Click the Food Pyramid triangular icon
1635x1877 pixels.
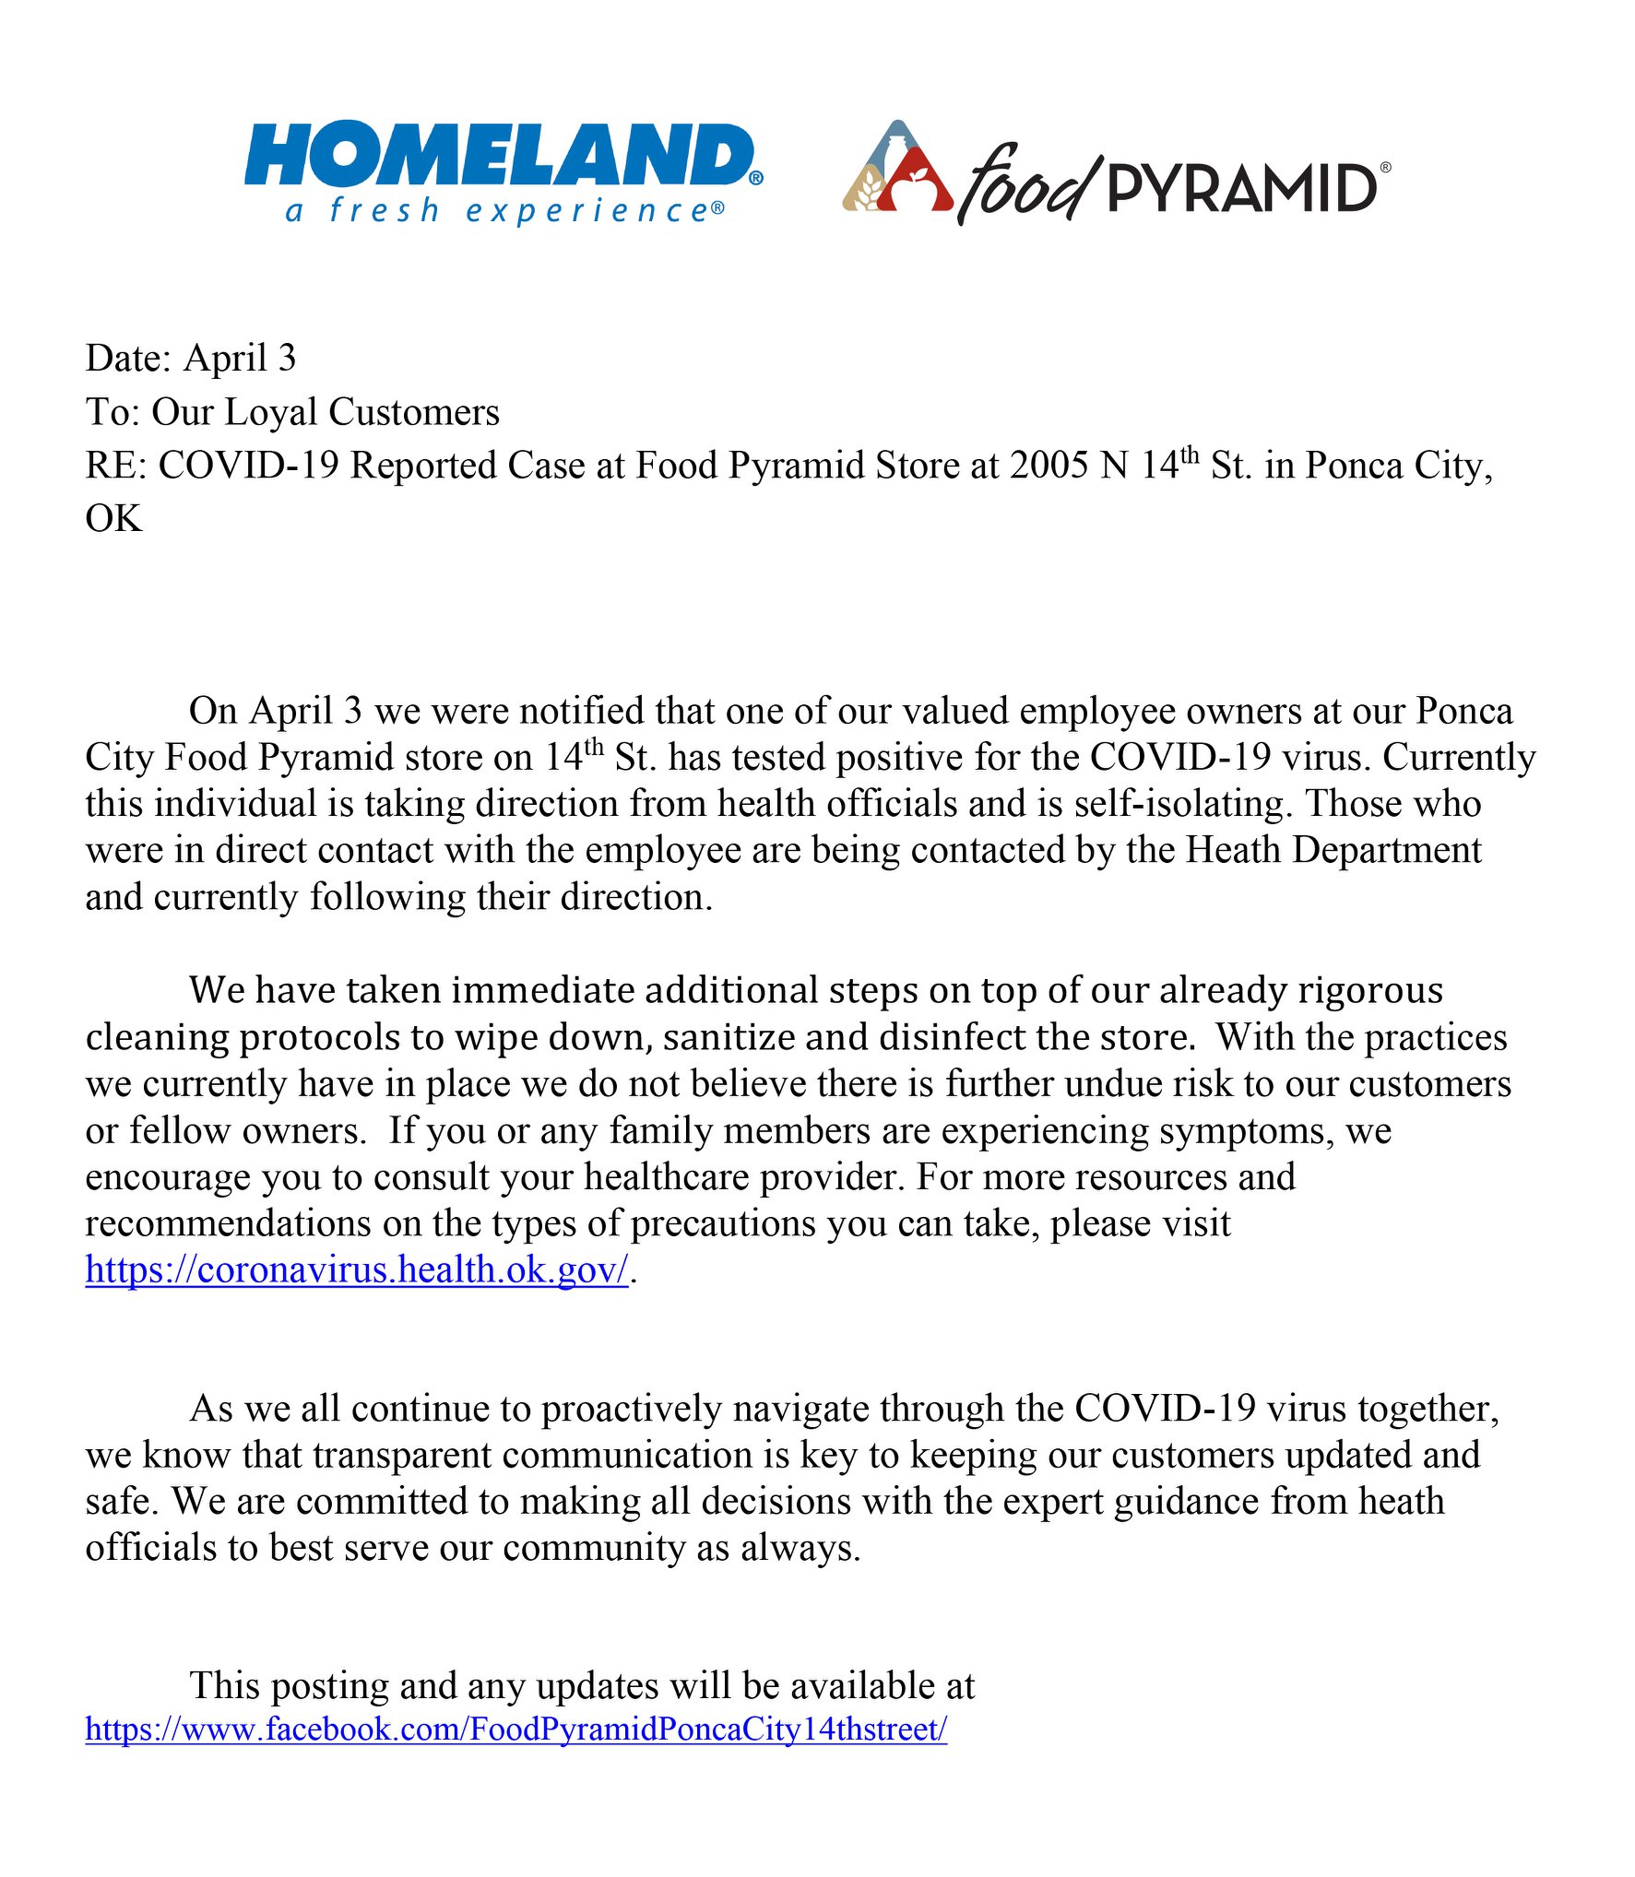point(896,170)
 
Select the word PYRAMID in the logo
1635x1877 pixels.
point(1242,188)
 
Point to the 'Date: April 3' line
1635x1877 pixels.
point(191,359)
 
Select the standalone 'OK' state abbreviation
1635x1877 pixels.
point(113,519)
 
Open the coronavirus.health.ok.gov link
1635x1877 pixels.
point(357,1270)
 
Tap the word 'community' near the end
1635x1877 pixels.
point(594,1549)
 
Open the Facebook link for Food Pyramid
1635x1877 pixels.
point(516,1729)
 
